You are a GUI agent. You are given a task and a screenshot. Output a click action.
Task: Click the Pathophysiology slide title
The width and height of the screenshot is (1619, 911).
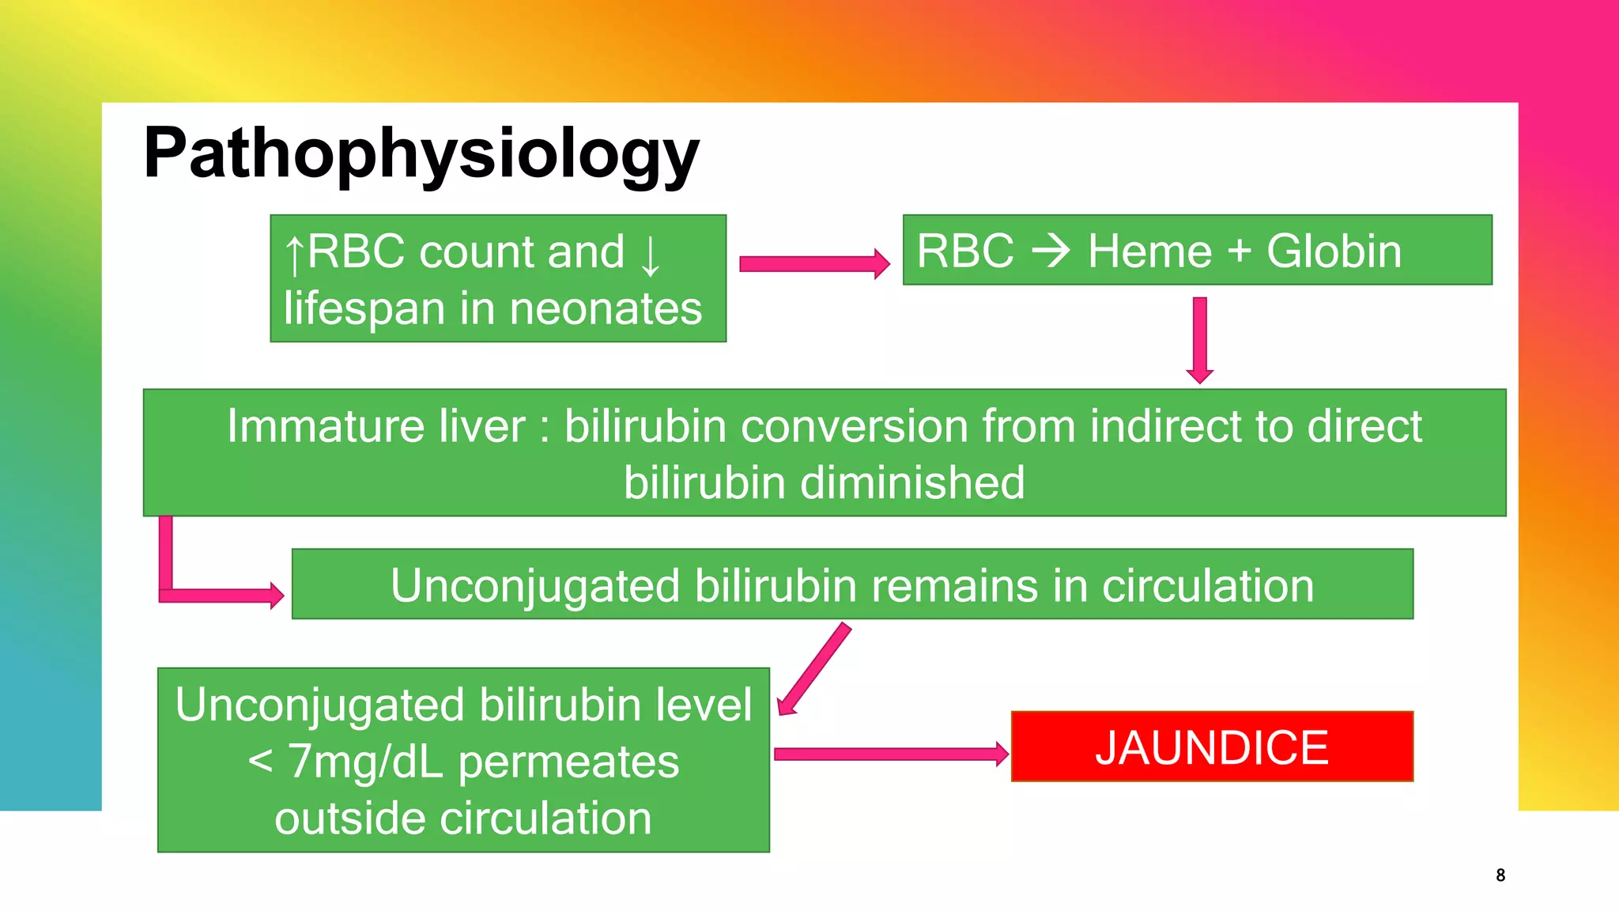coord(421,153)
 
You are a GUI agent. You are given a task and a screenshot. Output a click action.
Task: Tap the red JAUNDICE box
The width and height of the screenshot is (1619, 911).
coord(1211,747)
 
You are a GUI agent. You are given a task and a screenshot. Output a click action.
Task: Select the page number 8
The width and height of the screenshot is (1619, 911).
coord(1500,875)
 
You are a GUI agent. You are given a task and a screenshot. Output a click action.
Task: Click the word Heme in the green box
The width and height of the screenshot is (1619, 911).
coord(1149,251)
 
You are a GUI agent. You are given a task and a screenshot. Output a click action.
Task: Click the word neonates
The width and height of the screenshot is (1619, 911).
coord(606,308)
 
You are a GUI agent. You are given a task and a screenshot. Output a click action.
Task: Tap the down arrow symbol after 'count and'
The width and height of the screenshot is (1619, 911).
coord(650,255)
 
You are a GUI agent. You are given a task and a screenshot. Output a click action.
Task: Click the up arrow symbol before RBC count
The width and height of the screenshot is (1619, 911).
coord(294,255)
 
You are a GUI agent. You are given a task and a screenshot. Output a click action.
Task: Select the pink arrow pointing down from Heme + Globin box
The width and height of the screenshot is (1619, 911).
coord(1199,340)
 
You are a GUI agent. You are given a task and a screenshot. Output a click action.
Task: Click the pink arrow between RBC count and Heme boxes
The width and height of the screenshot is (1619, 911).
coord(813,264)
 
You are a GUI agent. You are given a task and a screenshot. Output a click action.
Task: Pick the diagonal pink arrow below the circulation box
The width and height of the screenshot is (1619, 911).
coord(814,668)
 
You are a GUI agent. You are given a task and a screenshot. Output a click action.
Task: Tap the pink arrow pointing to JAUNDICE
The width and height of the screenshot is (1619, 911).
coord(890,754)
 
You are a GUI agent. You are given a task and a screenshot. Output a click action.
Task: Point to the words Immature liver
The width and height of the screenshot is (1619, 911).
coord(376,426)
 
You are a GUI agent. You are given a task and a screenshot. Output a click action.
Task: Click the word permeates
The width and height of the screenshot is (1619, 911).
coord(568,762)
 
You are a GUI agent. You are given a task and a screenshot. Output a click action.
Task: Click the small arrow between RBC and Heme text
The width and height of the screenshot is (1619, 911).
coord(1051,251)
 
